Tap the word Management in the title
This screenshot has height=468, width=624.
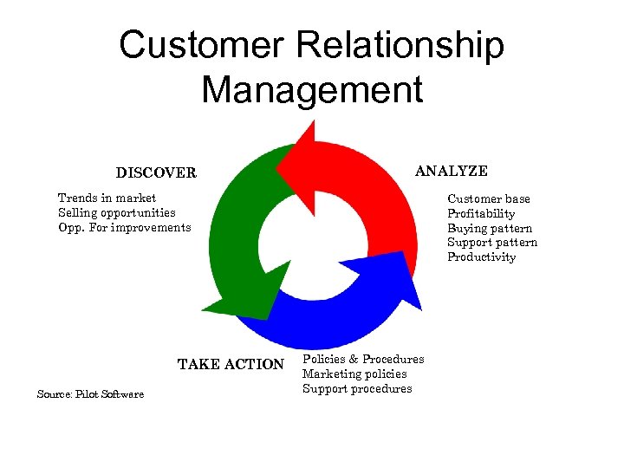[x=312, y=89]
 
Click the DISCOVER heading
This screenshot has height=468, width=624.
[x=156, y=172]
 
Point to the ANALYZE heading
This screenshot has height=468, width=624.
[x=451, y=171]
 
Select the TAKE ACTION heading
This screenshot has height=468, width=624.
[x=231, y=364]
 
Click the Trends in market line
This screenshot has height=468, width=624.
[x=107, y=198]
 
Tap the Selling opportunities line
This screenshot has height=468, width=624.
[x=116, y=212]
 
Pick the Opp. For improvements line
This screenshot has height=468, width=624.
[x=124, y=227]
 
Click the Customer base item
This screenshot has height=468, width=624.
[x=489, y=199]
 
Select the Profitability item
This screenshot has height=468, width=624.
[x=481, y=214]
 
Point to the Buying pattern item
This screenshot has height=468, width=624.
[x=490, y=228]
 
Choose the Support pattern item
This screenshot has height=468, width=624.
[x=492, y=243]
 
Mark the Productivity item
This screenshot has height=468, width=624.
[x=481, y=257]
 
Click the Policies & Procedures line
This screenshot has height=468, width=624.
[x=363, y=359]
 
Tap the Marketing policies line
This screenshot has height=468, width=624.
[x=354, y=374]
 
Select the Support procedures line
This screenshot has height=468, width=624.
[x=357, y=388]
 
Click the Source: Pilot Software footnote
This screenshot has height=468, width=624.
[x=90, y=394]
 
